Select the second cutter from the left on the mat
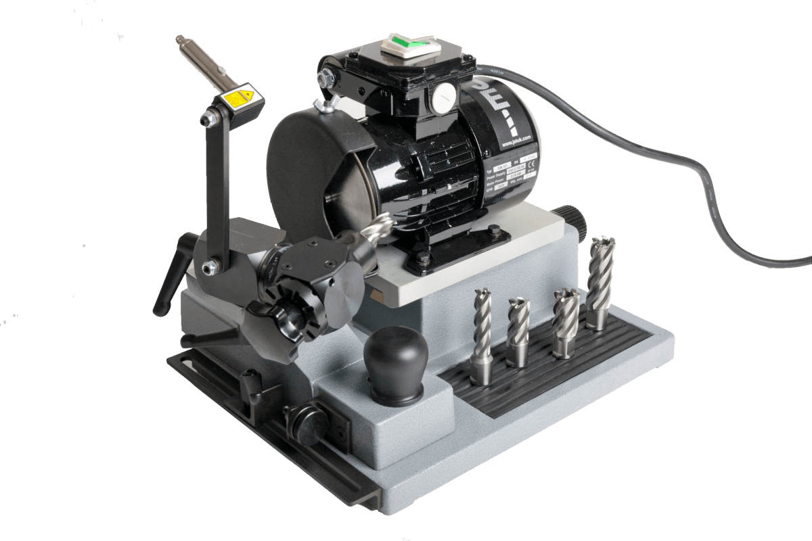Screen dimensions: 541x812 coord(518,331)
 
